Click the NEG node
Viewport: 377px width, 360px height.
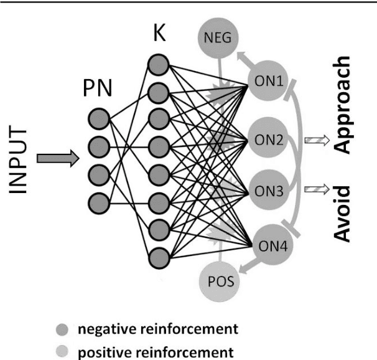coord(220,39)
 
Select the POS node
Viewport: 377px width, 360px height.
coord(220,281)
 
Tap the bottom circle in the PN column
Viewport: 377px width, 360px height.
coord(98,202)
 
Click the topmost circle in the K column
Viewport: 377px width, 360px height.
coord(158,64)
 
